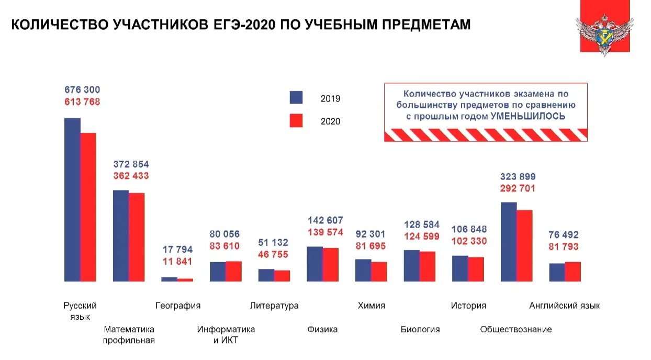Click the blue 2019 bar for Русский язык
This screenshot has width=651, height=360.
tap(72, 199)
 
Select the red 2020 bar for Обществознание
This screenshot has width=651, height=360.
tap(524, 245)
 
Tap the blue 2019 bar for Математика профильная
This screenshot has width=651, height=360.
tap(121, 235)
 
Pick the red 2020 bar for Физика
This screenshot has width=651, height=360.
tap(330, 264)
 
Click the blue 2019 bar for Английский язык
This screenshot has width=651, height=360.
tap(557, 272)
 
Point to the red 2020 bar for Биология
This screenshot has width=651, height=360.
tap(428, 266)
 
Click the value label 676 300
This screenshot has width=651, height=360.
tap(82, 90)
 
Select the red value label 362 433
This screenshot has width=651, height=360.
tap(131, 176)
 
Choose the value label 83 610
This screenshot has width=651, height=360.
tap(225, 246)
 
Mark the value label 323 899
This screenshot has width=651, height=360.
tap(518, 176)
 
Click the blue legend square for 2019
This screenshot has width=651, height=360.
tap(296, 98)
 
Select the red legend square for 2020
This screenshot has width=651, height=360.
tap(296, 121)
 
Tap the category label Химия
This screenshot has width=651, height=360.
tap(371, 306)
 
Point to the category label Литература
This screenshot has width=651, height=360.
tap(274, 306)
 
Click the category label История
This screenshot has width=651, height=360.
tap(468, 306)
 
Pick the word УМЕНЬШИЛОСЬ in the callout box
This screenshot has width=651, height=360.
tap(527, 116)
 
